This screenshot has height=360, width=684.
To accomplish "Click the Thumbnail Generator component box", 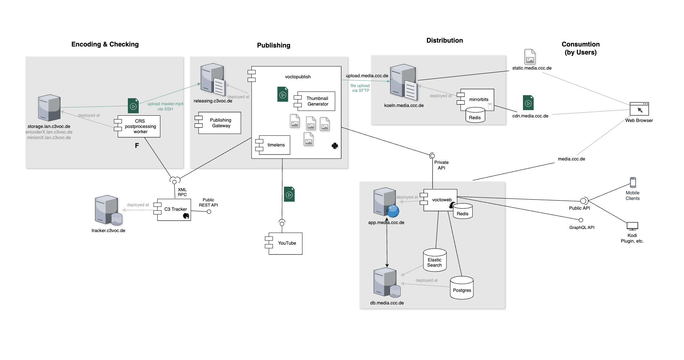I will tap(316, 101).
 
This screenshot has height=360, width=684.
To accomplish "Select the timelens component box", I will tap(274, 145).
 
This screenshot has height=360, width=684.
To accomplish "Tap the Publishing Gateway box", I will tap(219, 123).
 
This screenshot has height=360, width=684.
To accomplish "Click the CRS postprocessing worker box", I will tap(139, 126).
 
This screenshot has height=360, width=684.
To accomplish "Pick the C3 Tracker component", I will tap(174, 209).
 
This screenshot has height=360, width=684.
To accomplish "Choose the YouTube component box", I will tap(285, 243).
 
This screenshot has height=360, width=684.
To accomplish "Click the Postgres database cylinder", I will tap(461, 288).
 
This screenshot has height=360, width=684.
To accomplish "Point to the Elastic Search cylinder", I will tap(435, 260).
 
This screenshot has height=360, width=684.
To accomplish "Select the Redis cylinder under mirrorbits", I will tap(475, 116).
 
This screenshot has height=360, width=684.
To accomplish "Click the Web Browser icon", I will tap(639, 109).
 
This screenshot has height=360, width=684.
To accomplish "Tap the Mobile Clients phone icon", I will tap(633, 182).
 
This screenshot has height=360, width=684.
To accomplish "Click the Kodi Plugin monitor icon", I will tap(632, 226).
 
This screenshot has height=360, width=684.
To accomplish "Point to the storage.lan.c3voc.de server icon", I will tap(49, 108).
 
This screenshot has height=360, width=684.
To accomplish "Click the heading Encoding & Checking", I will tap(105, 44).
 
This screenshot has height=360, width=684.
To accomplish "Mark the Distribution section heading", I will tap(444, 41).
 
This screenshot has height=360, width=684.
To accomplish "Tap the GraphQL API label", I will tap(582, 228).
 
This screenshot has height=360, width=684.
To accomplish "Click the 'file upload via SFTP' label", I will tap(360, 88).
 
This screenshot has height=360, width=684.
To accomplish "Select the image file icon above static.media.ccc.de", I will tap(530, 57).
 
